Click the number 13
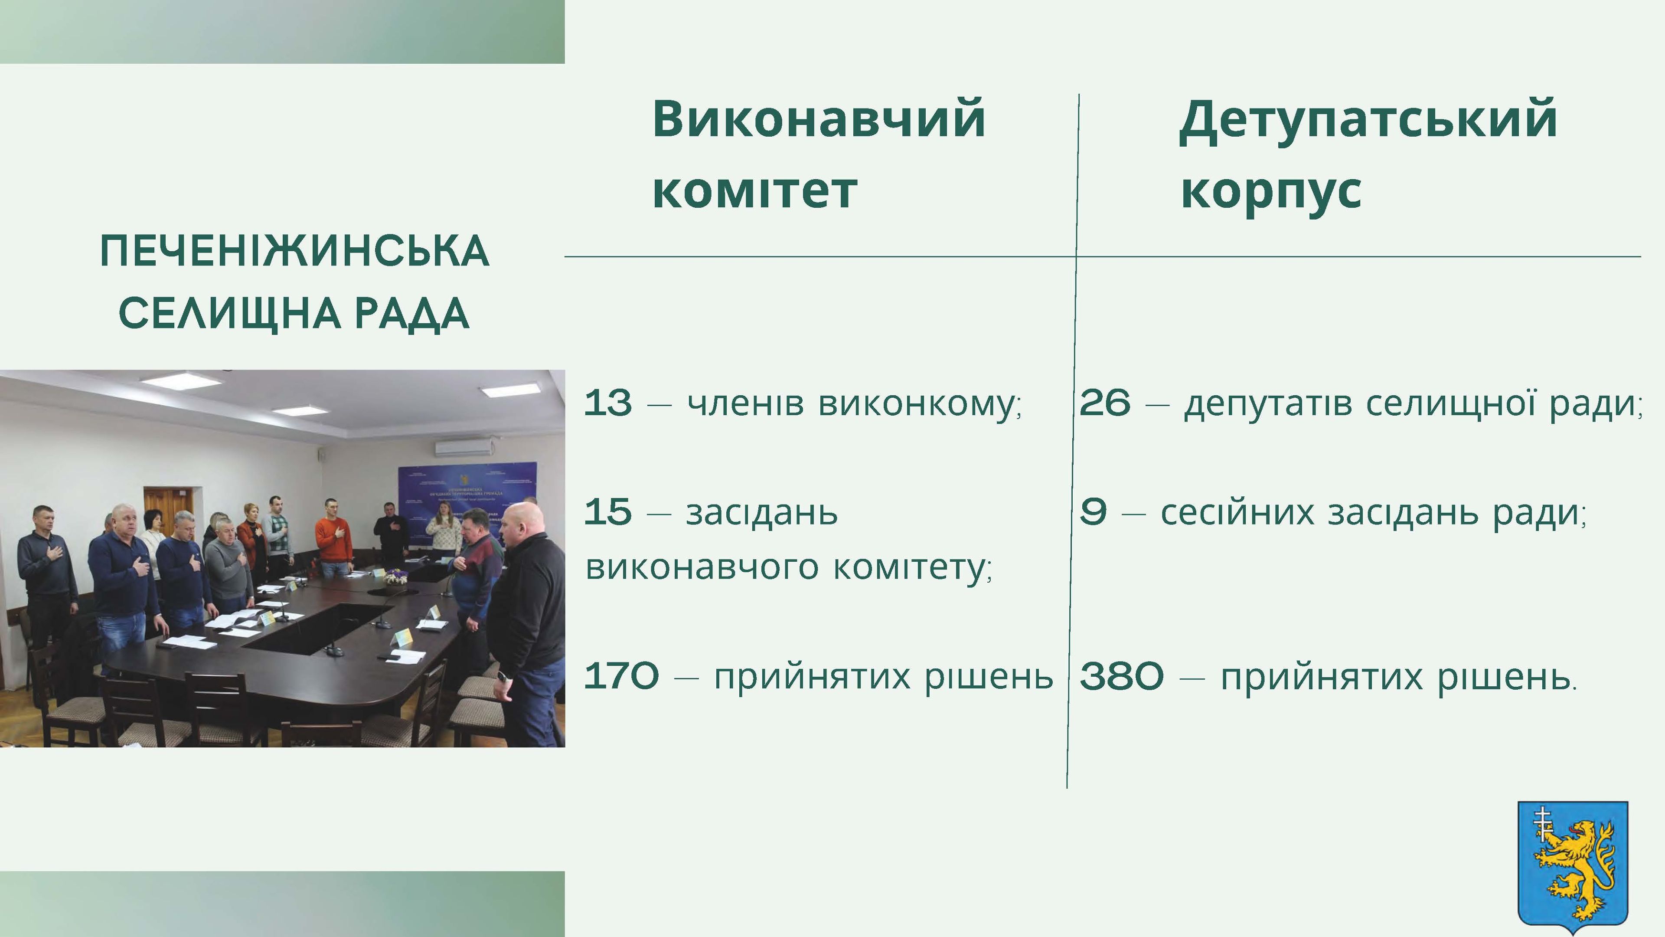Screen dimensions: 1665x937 point(607,403)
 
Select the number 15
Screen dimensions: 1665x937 point(607,513)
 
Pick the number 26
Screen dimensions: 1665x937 point(1105,403)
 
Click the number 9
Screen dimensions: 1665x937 point(1093,513)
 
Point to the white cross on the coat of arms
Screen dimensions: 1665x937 point(1542,823)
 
